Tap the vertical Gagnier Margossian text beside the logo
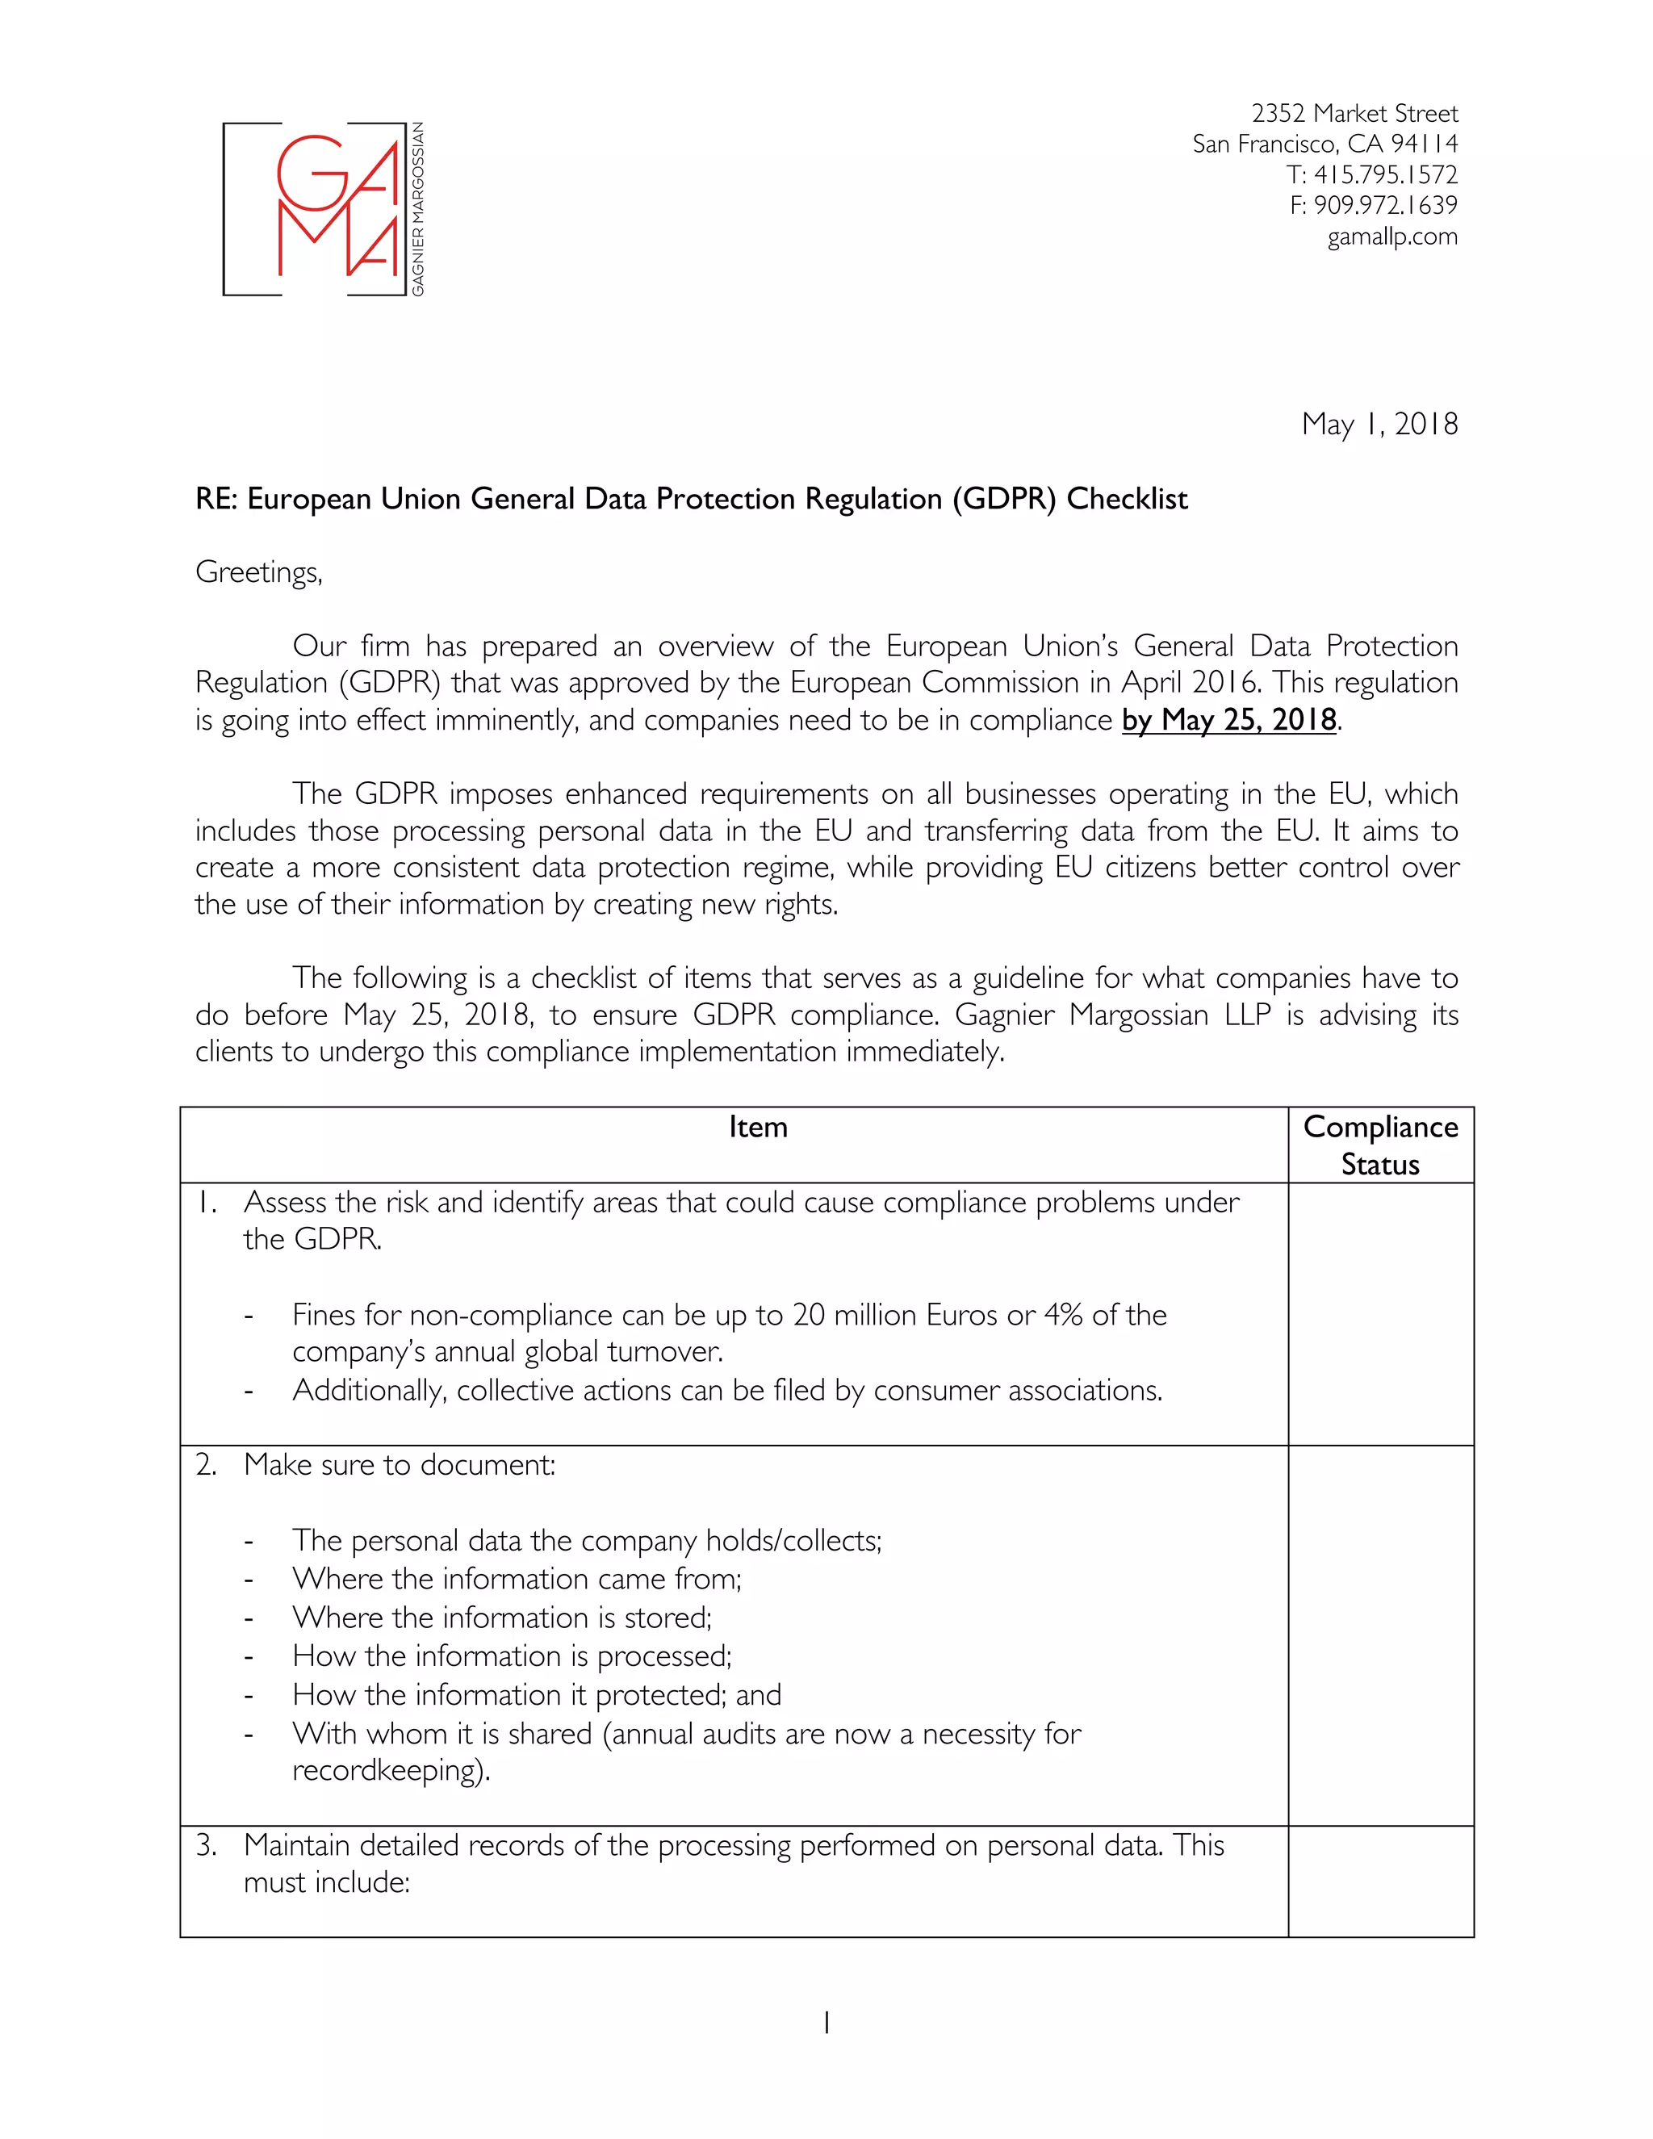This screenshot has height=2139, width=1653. click(x=418, y=208)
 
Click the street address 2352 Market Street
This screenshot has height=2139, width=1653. click(x=1354, y=114)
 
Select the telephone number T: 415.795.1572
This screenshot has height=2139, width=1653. click(x=1371, y=175)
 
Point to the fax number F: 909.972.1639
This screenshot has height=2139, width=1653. click(x=1373, y=206)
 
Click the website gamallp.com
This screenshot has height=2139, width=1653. click(x=1391, y=237)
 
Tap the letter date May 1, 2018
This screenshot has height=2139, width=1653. click(x=1379, y=424)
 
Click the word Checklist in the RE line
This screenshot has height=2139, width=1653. click(x=1126, y=500)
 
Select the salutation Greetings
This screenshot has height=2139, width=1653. click(x=258, y=572)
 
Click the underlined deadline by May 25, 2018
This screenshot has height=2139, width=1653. click(x=1229, y=720)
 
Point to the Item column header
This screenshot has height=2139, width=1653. click(x=757, y=1128)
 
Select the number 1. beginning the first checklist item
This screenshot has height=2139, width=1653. click(x=206, y=1203)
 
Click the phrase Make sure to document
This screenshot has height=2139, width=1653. click(x=399, y=1465)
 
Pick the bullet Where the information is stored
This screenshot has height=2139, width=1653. click(x=501, y=1617)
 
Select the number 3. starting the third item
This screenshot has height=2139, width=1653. click(x=206, y=1846)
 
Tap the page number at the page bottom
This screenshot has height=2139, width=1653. click(x=826, y=2021)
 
